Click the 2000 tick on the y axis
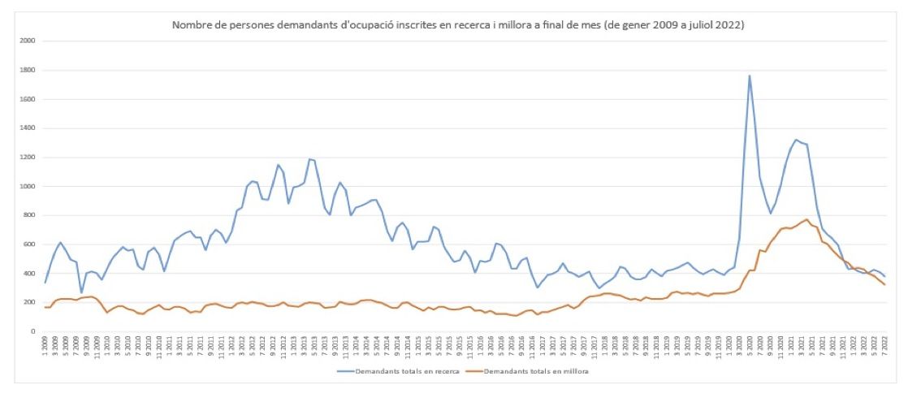[28, 41]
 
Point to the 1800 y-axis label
[28, 70]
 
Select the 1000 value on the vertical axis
[28, 186]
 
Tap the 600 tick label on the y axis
[30, 244]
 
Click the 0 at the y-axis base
[33, 331]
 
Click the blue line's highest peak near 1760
[750, 76]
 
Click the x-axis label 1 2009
[45, 346]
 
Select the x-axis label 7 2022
[884, 346]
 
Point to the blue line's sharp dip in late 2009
[81, 292]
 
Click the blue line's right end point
[884, 276]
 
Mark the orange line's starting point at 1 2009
[45, 307]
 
